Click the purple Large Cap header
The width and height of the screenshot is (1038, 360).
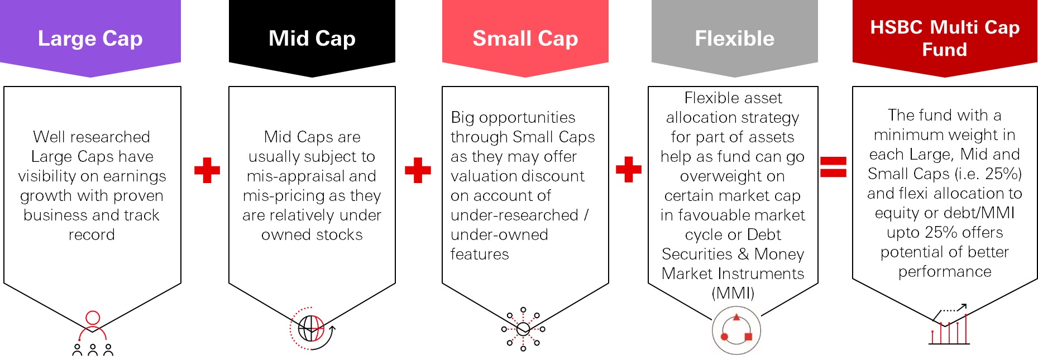tap(90, 39)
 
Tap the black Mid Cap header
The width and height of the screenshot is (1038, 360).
tap(312, 39)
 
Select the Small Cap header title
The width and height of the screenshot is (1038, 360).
tap(525, 39)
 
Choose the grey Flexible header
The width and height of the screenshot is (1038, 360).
tap(734, 39)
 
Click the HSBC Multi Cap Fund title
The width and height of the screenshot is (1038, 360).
tap(945, 38)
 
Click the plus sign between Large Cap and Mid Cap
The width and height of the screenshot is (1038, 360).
tap(207, 170)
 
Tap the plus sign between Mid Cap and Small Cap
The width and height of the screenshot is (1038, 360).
tap(418, 170)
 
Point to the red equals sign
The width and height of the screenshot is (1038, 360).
tap(833, 167)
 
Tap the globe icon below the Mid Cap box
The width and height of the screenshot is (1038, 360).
tap(312, 328)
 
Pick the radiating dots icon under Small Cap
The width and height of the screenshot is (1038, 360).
tap(523, 329)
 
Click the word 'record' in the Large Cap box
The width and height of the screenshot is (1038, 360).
tap(92, 235)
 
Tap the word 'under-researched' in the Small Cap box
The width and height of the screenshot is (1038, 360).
tap(514, 215)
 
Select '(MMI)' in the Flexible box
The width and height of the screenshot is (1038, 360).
tap(733, 294)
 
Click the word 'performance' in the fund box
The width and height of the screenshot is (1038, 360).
tap(945, 272)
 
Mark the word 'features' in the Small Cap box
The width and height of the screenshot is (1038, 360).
tap(480, 255)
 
